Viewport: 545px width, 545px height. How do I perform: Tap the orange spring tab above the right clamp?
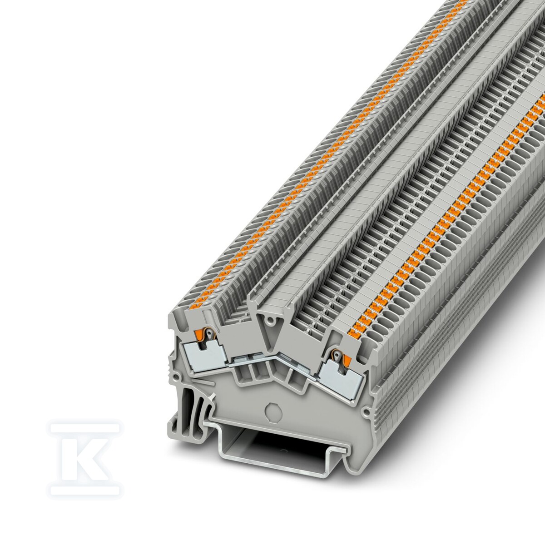pyautogui.click(x=347, y=360)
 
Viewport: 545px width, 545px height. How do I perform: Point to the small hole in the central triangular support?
pyautogui.click(x=271, y=321)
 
